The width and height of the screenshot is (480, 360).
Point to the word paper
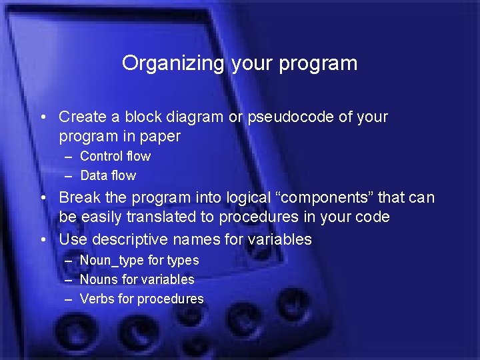tap(161, 137)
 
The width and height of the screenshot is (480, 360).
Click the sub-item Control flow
tap(115, 157)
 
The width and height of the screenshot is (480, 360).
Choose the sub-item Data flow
tap(107, 176)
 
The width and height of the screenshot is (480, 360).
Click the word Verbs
tap(97, 299)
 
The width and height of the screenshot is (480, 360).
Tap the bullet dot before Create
tap(43, 117)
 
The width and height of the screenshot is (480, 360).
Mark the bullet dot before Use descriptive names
tap(43, 239)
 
